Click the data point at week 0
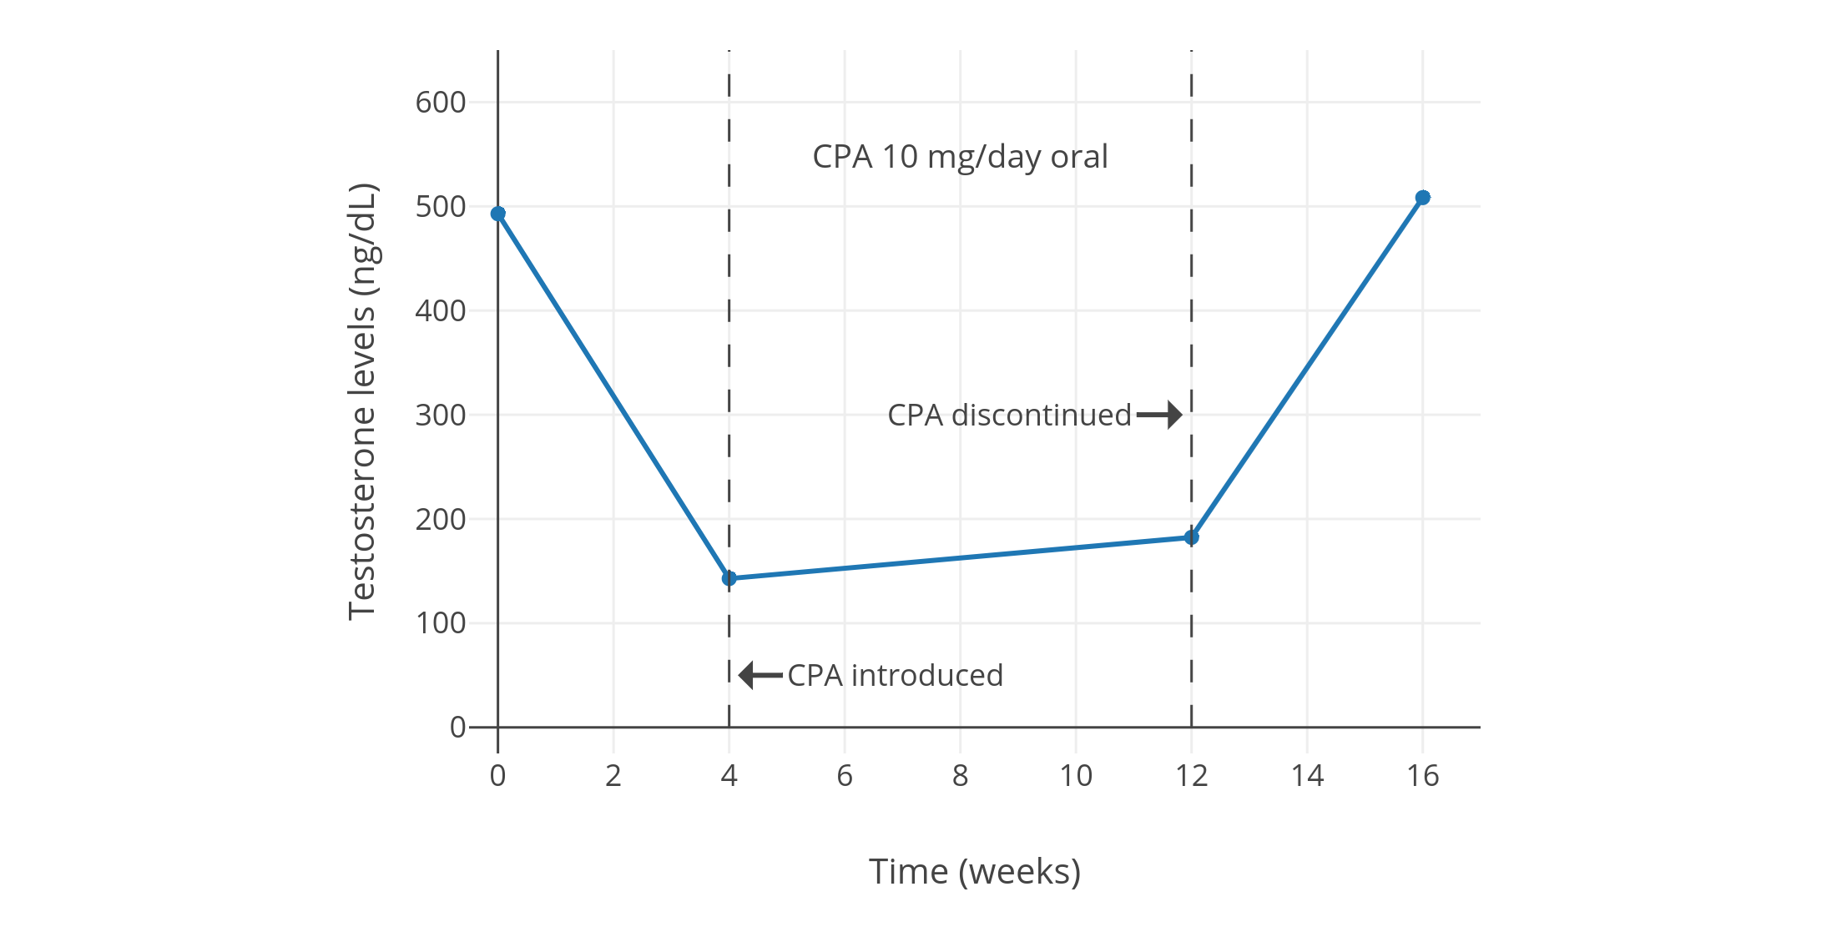tap(497, 214)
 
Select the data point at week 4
tap(729, 578)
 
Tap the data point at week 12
tap(1191, 537)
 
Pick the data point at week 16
tap(1422, 198)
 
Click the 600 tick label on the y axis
tap(441, 103)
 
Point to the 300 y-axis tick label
tap(441, 415)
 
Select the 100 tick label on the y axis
tap(441, 623)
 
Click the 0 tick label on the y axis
tap(457, 728)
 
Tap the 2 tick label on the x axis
tap(613, 776)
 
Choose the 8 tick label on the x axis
tap(960, 776)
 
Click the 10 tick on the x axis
tap(1076, 776)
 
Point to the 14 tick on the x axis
tap(1307, 776)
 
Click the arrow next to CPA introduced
tap(760, 675)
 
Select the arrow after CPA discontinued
tap(1159, 415)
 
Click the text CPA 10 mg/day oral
tap(960, 157)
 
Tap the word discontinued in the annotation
tap(1041, 415)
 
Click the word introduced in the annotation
tap(926, 675)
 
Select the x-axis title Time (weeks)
tap(974, 872)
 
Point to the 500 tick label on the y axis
tap(441, 207)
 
